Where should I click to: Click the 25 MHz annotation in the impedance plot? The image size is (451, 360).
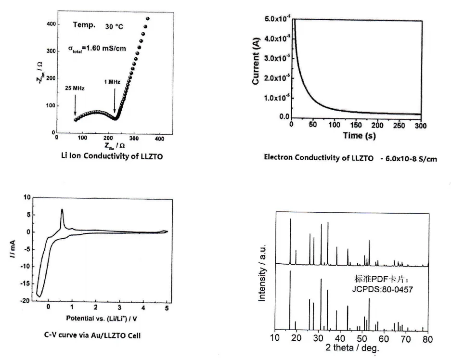point(75,89)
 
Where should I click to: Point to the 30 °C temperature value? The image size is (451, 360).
point(114,27)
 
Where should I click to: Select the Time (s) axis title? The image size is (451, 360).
point(357,135)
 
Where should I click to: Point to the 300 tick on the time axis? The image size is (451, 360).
point(420,126)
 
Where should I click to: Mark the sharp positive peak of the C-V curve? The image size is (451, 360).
point(62,210)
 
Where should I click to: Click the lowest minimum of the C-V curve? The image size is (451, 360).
point(40,296)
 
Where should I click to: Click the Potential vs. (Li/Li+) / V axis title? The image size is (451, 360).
point(104,318)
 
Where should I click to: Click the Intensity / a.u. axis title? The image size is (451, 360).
point(263,271)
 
